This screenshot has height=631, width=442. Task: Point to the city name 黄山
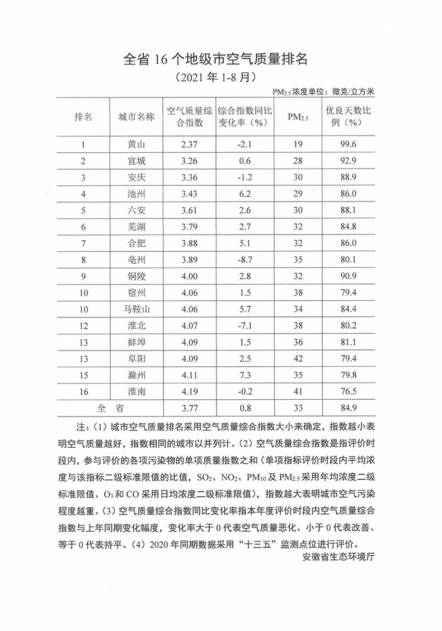point(137,146)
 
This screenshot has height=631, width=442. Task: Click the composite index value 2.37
point(190,146)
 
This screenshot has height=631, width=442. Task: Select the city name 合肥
point(137,243)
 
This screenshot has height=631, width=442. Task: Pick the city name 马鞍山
point(137,308)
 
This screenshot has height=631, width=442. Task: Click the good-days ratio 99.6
point(348,146)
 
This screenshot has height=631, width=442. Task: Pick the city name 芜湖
point(137,227)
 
